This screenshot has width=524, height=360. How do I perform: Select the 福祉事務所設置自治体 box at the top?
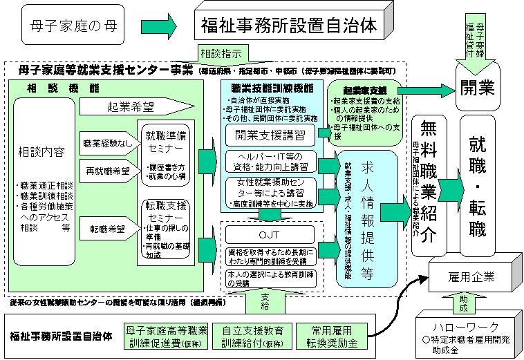290,26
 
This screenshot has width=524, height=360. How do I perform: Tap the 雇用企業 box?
471,277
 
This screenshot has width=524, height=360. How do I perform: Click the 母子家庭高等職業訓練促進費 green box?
165,337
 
